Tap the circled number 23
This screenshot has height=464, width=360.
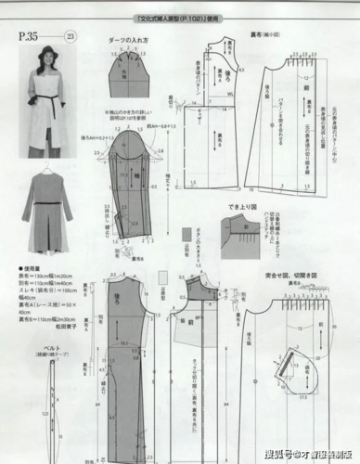71,36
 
